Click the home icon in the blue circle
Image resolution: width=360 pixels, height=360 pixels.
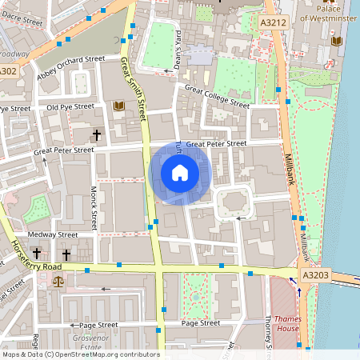point(180,172)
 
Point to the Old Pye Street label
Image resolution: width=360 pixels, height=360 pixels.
point(70,106)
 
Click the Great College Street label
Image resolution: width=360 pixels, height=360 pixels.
point(216,96)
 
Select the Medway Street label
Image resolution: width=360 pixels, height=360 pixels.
point(52,234)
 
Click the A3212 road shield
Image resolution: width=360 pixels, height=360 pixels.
point(274,25)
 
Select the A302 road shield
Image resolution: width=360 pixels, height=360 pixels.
point(7,71)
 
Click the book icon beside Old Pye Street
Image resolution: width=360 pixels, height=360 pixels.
point(119,106)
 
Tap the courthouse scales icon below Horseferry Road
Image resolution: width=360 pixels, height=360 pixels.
point(58,282)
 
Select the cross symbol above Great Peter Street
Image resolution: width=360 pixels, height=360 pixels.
point(98,134)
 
